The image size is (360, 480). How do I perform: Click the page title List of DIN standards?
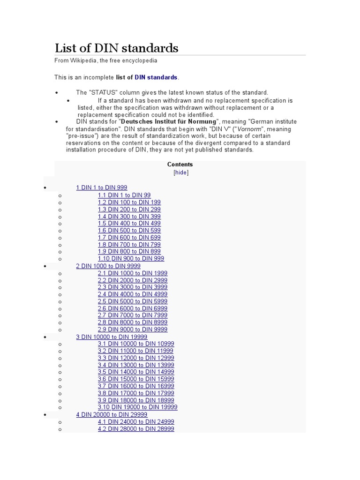pos(116,48)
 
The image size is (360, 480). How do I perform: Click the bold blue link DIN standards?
pos(156,77)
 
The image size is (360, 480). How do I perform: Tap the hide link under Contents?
pos(180,172)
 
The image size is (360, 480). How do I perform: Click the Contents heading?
pos(180,165)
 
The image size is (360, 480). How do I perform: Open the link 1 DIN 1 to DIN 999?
pos(101,187)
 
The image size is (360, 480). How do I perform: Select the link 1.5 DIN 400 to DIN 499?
pos(129,223)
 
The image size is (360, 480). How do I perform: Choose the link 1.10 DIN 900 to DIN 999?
pos(131,258)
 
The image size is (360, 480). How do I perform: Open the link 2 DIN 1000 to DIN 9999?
pos(108,266)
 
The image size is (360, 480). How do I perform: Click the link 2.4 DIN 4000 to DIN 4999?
pos(132,294)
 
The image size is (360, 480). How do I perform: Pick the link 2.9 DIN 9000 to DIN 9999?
pos(132,330)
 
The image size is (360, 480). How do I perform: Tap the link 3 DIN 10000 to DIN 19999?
pos(112,337)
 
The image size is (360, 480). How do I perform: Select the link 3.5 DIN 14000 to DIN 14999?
pos(136,372)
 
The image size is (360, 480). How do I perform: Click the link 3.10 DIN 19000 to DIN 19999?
pos(137,407)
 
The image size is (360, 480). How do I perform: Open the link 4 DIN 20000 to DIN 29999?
pos(112,414)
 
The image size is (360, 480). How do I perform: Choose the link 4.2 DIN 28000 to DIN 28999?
pos(136,428)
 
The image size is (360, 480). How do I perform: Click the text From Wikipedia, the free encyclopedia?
pos(106,60)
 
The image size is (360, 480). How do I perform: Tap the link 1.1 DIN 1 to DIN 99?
pos(124,195)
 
